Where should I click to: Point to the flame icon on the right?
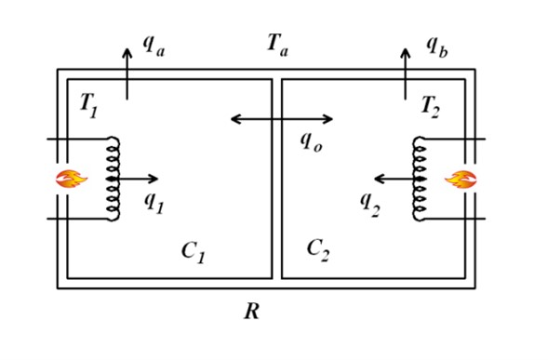459,178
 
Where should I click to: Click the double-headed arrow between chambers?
282,119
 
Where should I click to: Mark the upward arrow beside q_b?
405,71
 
